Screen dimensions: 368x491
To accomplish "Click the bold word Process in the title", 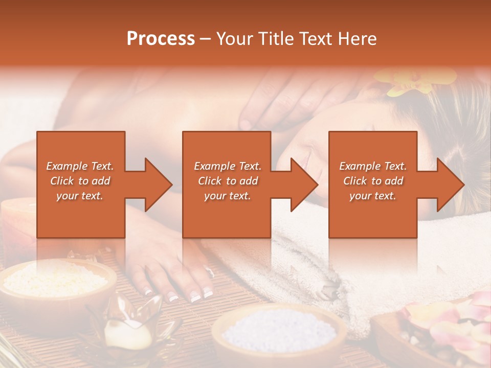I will point(161,39).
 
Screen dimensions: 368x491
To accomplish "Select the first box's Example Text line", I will point(80,166).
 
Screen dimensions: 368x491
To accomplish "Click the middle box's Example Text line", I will point(228,166).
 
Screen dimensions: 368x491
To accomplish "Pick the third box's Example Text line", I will point(373,166).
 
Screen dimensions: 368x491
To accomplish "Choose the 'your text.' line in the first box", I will point(80,196).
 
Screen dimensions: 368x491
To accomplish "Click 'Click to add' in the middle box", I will point(228,181).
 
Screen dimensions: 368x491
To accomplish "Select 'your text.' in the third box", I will point(373,196).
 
